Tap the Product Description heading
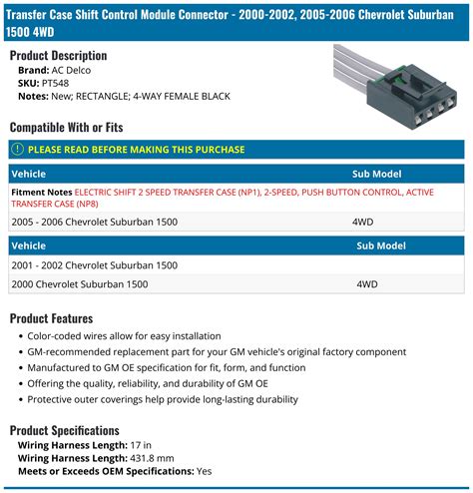click(58, 55)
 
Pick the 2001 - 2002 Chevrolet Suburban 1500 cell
click(95, 265)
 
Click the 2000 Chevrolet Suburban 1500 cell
click(80, 284)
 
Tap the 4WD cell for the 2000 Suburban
click(366, 284)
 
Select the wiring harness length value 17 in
click(142, 445)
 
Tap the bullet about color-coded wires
click(124, 336)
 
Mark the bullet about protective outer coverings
click(164, 399)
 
